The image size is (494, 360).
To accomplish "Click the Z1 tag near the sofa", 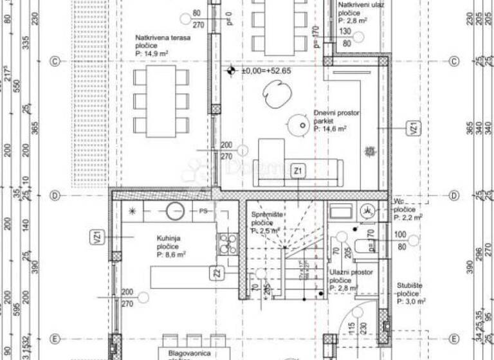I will pyautogui.click(x=297, y=171).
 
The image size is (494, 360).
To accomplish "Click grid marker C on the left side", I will pyautogui.click(x=55, y=61).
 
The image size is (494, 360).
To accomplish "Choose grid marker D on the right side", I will pyautogui.click(x=454, y=195).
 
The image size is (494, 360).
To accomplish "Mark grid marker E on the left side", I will pyautogui.click(x=55, y=339).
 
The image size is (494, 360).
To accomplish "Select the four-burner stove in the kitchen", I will pyautogui.click(x=228, y=242).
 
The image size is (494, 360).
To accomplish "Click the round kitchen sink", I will pyautogui.click(x=175, y=210).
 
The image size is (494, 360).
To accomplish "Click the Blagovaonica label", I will pyautogui.click(x=190, y=353).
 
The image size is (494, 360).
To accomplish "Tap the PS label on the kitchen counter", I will pyautogui.click(x=203, y=210).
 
